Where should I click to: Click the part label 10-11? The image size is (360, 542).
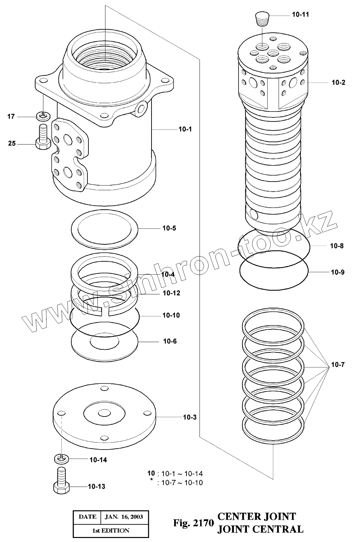coord(300,14)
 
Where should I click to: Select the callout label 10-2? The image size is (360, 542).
coord(338,82)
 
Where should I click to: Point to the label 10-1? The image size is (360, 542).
coord(185,129)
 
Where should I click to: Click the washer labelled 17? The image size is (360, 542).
coord(43,116)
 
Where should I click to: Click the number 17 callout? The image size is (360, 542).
coord(11,116)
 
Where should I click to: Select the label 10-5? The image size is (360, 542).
coord(169,228)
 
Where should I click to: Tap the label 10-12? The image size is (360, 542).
coord(171,293)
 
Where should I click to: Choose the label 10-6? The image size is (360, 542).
coord(170,341)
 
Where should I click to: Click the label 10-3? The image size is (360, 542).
coord(190,417)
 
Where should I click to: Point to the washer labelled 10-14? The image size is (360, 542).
coord(61,459)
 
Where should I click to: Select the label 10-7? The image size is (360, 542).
coord(338,364)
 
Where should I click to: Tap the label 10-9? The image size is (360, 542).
coord(338,272)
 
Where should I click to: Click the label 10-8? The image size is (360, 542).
coord(337,246)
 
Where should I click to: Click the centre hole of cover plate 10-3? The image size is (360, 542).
coord(105,413)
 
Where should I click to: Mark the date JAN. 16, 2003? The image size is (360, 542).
coord(124,517)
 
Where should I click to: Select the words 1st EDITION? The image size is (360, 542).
coord(111,530)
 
